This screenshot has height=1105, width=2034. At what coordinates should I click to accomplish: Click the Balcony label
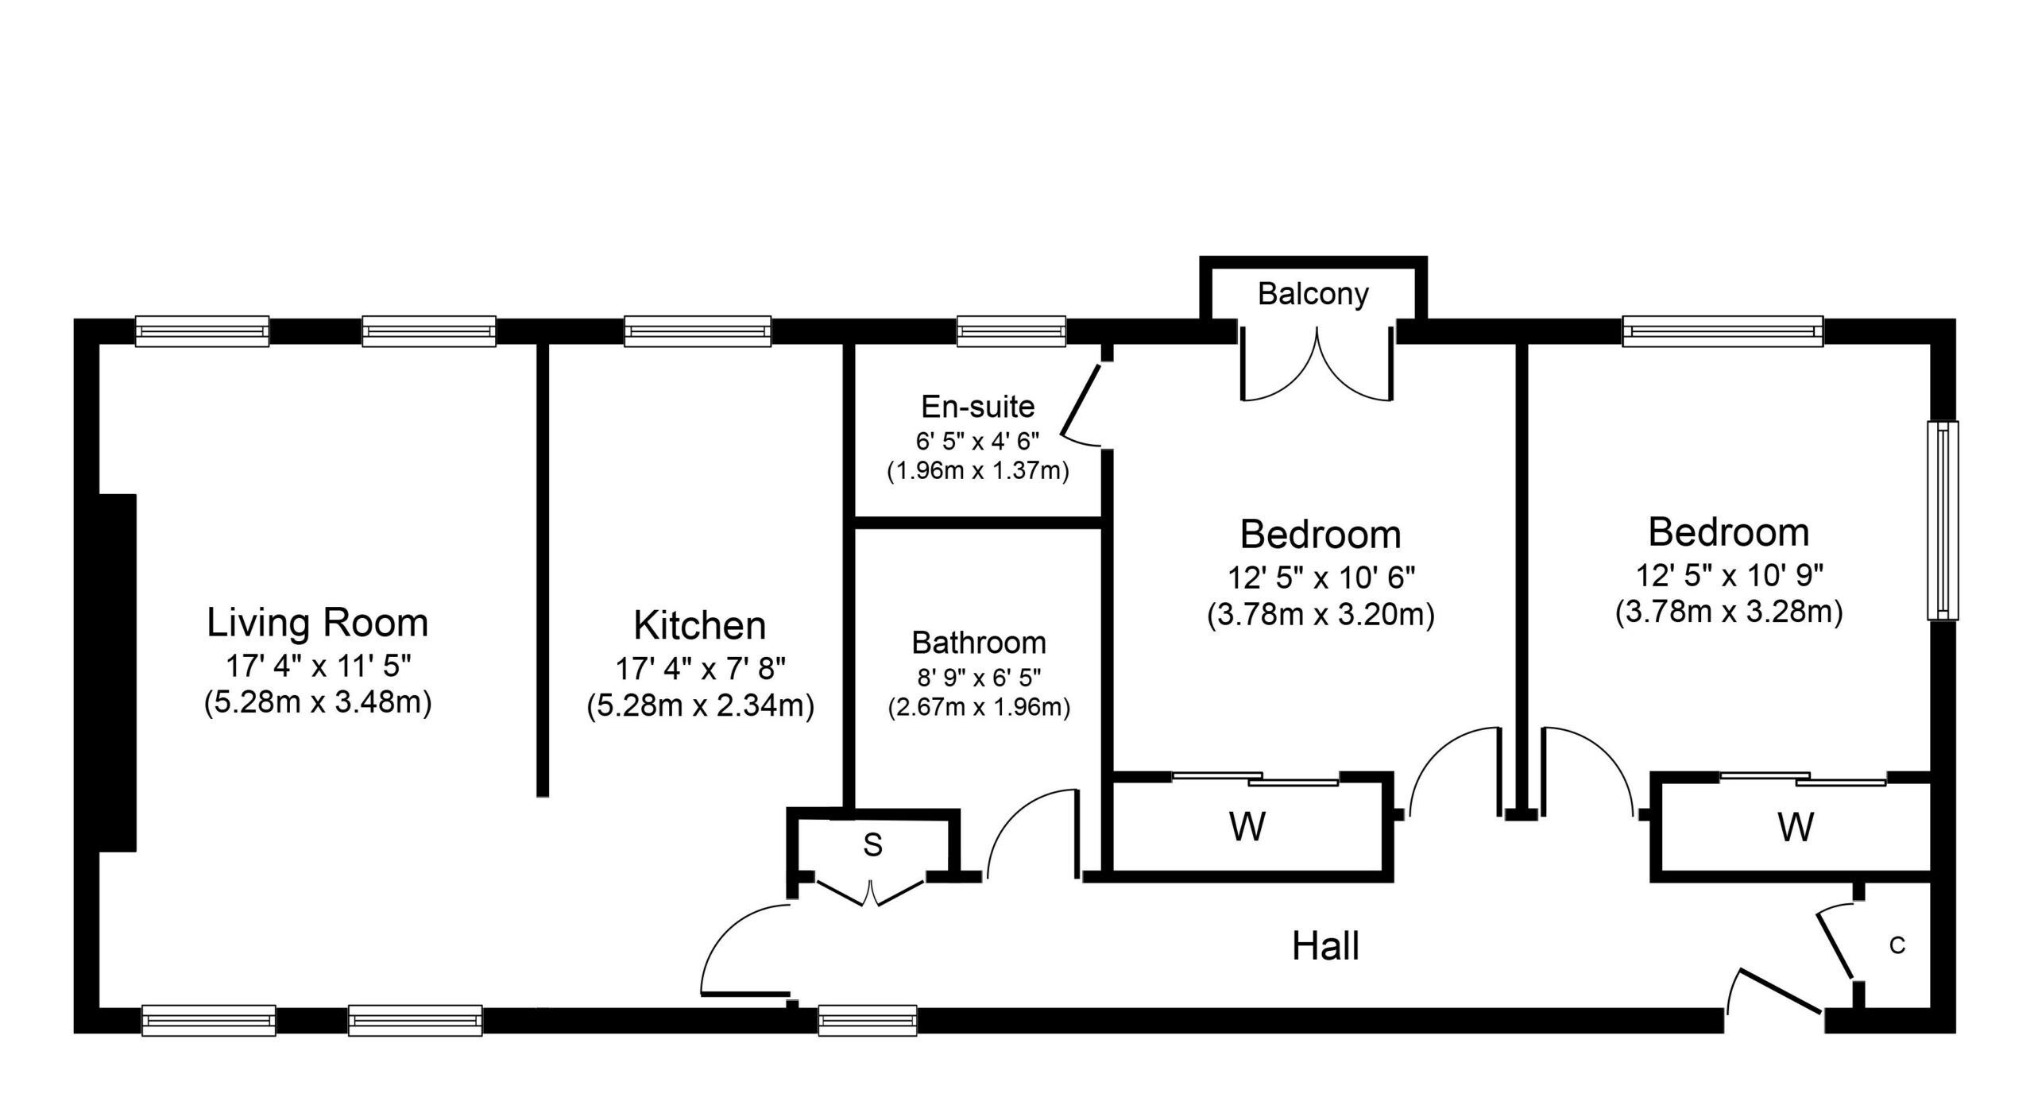[1313, 294]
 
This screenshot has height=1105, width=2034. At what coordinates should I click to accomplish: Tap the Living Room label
[318, 623]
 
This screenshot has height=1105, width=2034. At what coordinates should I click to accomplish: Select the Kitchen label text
[700, 626]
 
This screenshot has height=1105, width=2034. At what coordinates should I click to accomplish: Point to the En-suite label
[978, 407]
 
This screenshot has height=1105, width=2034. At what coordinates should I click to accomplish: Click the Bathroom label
[979, 642]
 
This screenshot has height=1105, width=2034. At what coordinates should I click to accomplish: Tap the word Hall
[1325, 946]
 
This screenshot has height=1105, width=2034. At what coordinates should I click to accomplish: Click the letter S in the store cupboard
[873, 845]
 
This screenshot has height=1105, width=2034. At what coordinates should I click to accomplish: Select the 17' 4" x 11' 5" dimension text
[319, 666]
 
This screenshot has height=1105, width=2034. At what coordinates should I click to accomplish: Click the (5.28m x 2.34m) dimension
[701, 706]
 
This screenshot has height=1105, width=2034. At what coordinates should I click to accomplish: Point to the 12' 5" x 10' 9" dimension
[1729, 574]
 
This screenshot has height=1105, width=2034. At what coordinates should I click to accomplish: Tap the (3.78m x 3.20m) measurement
[1321, 615]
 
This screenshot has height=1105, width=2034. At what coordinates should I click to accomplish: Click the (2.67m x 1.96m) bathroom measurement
[979, 706]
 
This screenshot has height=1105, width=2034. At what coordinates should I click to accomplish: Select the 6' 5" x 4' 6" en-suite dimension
[978, 440]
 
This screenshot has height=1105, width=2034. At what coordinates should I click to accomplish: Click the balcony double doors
[1317, 365]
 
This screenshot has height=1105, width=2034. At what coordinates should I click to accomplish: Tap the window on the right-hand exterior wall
[1943, 520]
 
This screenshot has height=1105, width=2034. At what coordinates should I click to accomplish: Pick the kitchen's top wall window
[698, 331]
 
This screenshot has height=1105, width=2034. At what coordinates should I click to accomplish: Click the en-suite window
[1011, 331]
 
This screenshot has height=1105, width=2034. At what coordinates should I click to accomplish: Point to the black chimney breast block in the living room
[117, 673]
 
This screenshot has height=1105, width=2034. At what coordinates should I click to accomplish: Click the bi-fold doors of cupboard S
[872, 893]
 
